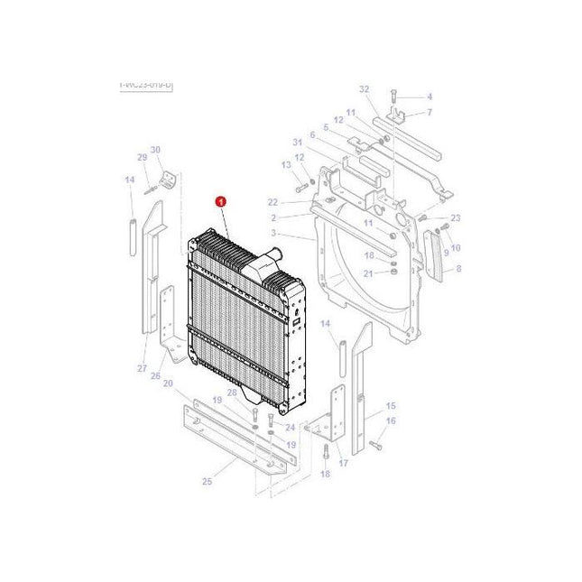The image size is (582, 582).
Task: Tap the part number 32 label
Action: pos(365,89)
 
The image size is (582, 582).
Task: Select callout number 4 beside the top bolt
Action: pos(430,97)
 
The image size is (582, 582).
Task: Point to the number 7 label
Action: pos(430,112)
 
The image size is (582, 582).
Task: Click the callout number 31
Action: pos(298,143)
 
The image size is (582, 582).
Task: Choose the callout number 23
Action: pos(456,218)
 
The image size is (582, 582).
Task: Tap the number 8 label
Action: pos(457,269)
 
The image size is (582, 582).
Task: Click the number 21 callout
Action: pos(368,273)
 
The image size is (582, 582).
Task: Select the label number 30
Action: pos(155,150)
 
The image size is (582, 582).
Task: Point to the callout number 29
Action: pos(142,158)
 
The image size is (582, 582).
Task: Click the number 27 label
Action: pos(142,368)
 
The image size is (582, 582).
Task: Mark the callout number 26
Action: pos(155,376)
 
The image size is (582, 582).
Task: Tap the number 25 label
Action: pos(207,482)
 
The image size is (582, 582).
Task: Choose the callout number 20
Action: pos(168,383)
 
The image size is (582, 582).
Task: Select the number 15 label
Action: pos(391,406)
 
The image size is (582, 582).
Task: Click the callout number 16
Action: pos(391,421)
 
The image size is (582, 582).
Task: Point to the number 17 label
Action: pos(344,464)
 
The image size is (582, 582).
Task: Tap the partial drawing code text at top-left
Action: pos(145,85)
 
